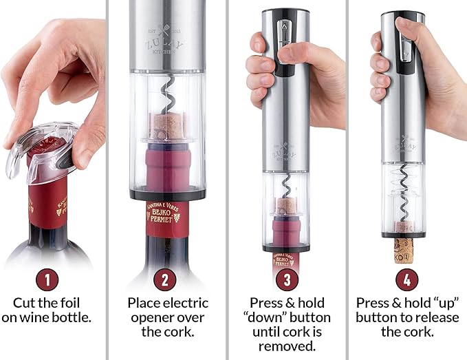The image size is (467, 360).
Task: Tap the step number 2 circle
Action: pos(165,279)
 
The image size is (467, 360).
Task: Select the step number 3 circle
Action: pos(286,279)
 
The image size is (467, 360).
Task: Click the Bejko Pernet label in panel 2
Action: pos(166,211)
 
